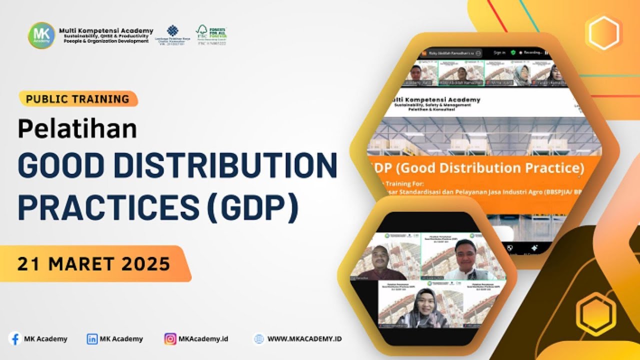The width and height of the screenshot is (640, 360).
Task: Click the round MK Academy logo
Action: (41, 35)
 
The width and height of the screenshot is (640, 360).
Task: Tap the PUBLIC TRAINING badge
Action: (77, 99)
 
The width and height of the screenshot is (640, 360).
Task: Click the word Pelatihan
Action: (77, 129)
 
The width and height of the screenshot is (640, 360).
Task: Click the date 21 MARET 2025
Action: (94, 264)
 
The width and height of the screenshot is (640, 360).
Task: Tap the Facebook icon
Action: (15, 338)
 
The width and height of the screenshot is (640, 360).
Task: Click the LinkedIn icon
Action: (92, 339)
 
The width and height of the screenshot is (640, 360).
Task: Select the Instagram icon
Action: (170, 339)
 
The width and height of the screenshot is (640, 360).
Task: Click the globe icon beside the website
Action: (258, 339)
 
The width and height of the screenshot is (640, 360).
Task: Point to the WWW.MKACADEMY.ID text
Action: (304, 339)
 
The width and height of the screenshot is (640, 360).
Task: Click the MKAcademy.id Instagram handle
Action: (203, 339)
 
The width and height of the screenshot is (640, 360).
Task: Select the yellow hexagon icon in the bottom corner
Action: (595, 314)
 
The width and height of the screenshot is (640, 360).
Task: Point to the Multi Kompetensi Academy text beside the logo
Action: (106, 31)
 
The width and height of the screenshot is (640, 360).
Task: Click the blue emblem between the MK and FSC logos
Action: (172, 31)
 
